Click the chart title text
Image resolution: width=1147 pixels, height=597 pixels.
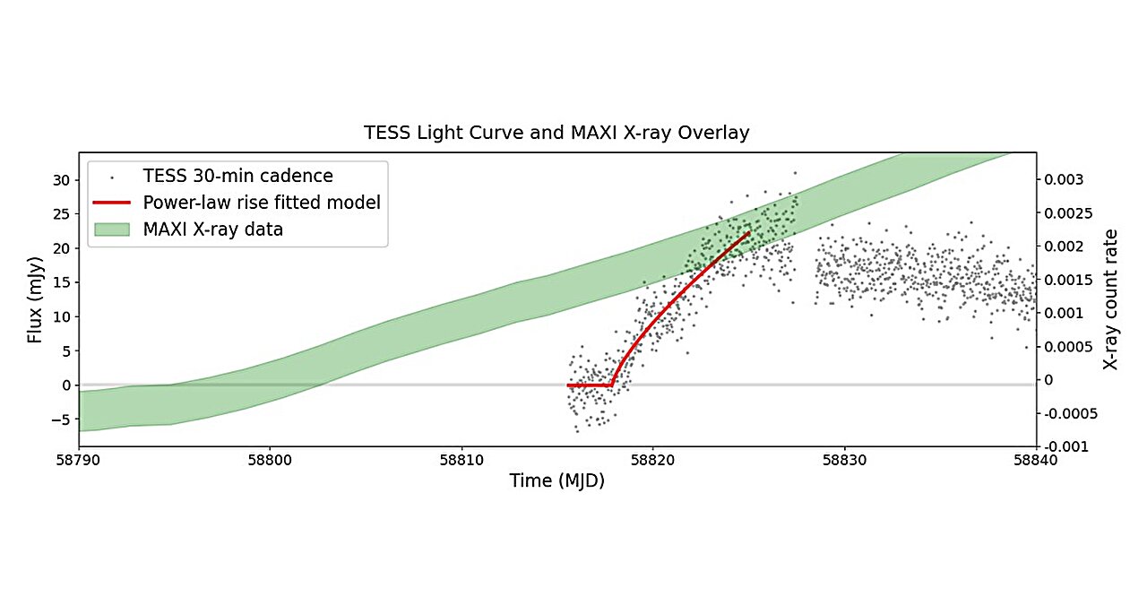[x=556, y=133]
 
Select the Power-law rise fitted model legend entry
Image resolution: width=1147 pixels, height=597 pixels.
[x=262, y=203]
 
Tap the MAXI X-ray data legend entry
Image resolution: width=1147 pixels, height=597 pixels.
[x=212, y=229]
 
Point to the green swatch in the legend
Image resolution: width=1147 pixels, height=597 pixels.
[x=111, y=229]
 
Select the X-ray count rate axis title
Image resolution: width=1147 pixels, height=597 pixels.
[x=1111, y=299]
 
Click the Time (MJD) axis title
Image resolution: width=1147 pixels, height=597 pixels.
[x=556, y=481]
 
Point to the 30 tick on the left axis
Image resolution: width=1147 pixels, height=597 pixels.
[x=62, y=179]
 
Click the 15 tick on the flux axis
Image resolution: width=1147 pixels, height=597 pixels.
[x=62, y=282]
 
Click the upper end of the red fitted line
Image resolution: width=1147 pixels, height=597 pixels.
[x=748, y=232]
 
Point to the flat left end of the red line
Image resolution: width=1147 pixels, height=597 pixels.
[x=570, y=385]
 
